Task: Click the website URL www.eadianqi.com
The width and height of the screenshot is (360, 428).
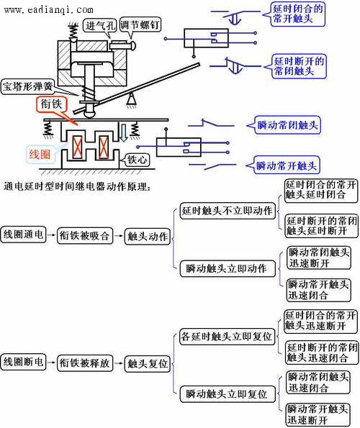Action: (x=49, y=10)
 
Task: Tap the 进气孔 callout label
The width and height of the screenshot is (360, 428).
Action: (x=100, y=26)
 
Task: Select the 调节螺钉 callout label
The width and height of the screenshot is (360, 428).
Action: (x=140, y=25)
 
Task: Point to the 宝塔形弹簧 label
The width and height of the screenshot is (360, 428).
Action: (x=27, y=87)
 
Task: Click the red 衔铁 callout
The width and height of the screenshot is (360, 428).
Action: (x=51, y=104)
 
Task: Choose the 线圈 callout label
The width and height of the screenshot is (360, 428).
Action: (x=40, y=155)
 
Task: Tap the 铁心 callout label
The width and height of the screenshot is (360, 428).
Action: (x=137, y=159)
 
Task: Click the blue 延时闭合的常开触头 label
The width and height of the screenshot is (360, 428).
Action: (x=298, y=14)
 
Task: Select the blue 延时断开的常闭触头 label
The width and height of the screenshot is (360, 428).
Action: (x=299, y=66)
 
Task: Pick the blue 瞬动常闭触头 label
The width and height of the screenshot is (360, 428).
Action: (x=287, y=125)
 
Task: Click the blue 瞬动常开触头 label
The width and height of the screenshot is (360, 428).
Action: (x=287, y=165)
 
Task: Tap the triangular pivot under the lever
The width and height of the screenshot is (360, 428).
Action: (x=131, y=99)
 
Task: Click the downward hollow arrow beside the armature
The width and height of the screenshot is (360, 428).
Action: (x=124, y=132)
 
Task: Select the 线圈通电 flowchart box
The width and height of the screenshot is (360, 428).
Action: (x=23, y=235)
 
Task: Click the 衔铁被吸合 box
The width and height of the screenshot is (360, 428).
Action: (x=85, y=235)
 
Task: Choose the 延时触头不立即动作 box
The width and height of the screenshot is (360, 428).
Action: (x=228, y=211)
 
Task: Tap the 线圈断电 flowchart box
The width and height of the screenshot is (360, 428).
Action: (x=23, y=362)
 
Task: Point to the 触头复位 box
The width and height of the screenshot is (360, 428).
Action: (x=148, y=364)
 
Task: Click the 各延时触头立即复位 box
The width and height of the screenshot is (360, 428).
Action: (x=227, y=337)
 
